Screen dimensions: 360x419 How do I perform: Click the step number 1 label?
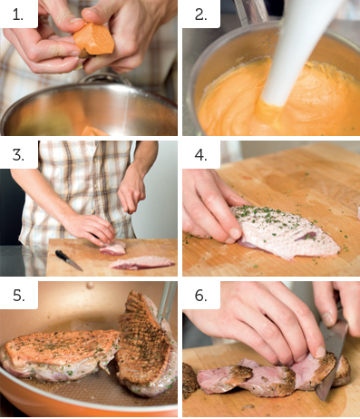tap(17, 15)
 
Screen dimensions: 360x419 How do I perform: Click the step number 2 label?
tap(201, 15)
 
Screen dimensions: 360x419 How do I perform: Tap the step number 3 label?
tap(18, 155)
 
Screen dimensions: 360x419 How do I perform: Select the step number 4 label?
tap(201, 155)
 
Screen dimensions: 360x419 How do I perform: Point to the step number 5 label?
tap(19, 295)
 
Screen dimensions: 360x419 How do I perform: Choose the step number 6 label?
tap(201, 295)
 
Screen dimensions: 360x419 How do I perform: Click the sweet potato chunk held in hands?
tap(94, 39)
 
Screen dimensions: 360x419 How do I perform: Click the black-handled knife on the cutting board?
tap(68, 260)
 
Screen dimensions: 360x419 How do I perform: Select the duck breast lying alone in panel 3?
tap(142, 262)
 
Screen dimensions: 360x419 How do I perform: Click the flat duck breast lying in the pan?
tap(61, 355)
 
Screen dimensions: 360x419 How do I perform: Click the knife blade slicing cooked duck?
tap(333, 356)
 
